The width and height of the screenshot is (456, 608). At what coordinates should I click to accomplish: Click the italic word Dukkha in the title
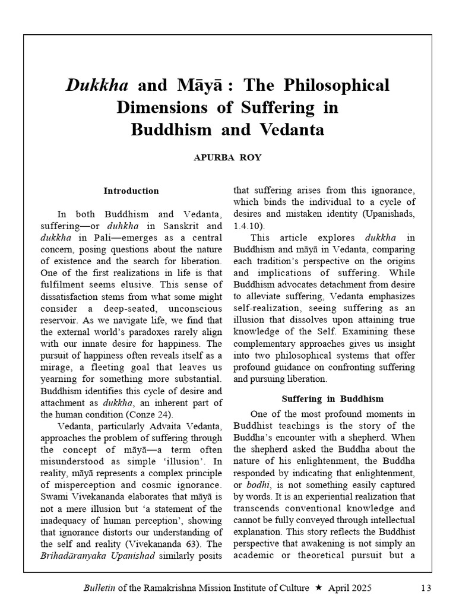point(97,85)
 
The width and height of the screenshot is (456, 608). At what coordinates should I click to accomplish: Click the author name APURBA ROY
point(227,157)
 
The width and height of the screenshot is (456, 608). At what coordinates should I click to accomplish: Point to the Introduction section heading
point(131,191)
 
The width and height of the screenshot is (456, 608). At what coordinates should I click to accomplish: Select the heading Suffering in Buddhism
point(332,399)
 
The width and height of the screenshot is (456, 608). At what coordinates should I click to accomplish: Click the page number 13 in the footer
point(425,588)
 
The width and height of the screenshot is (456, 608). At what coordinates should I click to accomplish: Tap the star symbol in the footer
point(318,588)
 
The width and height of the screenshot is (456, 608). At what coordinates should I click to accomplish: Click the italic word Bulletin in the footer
point(99,588)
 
